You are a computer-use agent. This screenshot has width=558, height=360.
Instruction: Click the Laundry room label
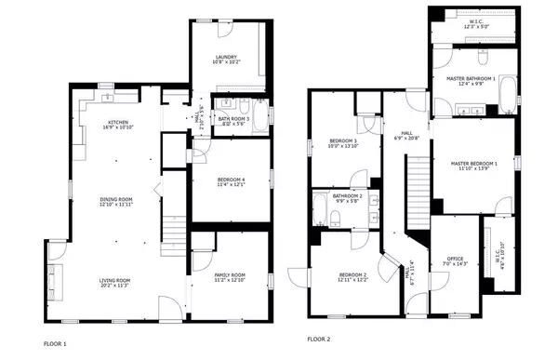point(227,59)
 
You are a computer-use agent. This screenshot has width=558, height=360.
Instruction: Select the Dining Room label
point(117,200)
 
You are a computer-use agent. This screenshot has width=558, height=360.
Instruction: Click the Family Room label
point(229,276)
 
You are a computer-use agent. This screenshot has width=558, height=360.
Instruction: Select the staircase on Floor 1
point(173,233)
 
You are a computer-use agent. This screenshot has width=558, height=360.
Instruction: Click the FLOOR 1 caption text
point(56,342)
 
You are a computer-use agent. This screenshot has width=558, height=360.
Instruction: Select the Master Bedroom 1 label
point(474,165)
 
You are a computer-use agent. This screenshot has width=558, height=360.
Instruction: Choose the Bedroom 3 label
point(340,142)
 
